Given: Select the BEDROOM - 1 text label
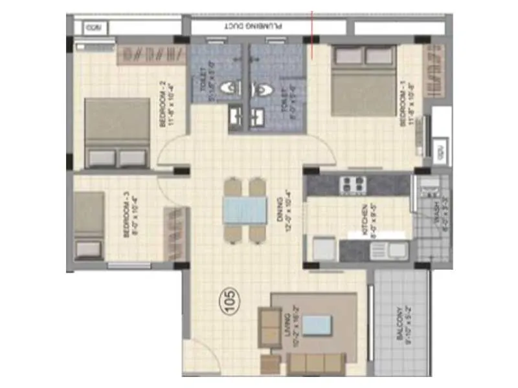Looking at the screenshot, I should click(x=405, y=108).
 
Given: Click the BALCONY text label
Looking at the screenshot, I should click(x=403, y=327).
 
